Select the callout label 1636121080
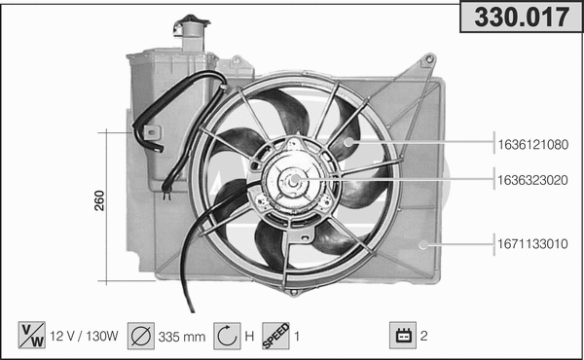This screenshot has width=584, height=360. point(533,144)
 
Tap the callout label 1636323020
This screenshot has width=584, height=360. point(533,180)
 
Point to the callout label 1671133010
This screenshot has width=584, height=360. point(533,243)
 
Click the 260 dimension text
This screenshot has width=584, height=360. point(99,200)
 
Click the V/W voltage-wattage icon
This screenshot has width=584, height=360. point(31,336)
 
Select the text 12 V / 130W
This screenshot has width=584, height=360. point(84,337)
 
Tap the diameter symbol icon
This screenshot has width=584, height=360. point(140,336)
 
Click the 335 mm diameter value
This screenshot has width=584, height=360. point(182,337)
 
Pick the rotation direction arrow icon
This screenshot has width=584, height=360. point(225,336)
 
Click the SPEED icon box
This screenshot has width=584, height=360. point(275,336)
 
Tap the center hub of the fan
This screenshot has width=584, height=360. point(291,181)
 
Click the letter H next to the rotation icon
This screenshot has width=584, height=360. point(249,337)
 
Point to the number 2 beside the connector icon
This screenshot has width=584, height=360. point(424,337)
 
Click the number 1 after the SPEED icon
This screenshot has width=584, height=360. point(298,337)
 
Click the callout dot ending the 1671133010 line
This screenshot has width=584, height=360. point(422,244)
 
